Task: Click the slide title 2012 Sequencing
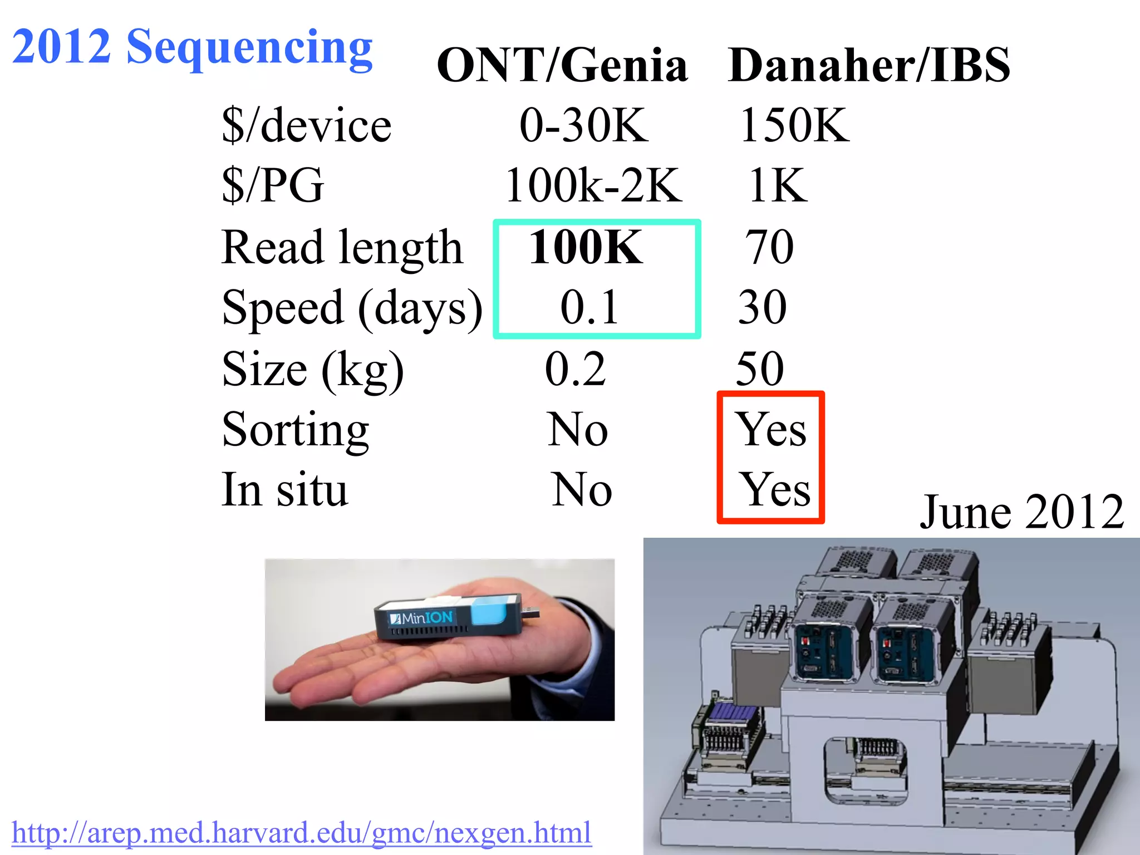(192, 47)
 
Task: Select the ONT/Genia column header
(562, 65)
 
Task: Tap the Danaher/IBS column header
(868, 65)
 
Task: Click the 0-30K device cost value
(583, 125)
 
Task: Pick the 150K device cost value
(794, 125)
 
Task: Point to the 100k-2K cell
(593, 185)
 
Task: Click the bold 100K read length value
(586, 247)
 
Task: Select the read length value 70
(769, 247)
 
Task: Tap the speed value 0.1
(589, 307)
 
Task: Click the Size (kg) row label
(313, 370)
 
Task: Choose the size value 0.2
(575, 368)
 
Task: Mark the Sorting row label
(295, 430)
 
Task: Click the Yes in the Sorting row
(771, 430)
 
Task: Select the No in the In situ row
(582, 490)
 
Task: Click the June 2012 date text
(1021, 512)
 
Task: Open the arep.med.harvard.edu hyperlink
(301, 833)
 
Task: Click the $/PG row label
(273, 185)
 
